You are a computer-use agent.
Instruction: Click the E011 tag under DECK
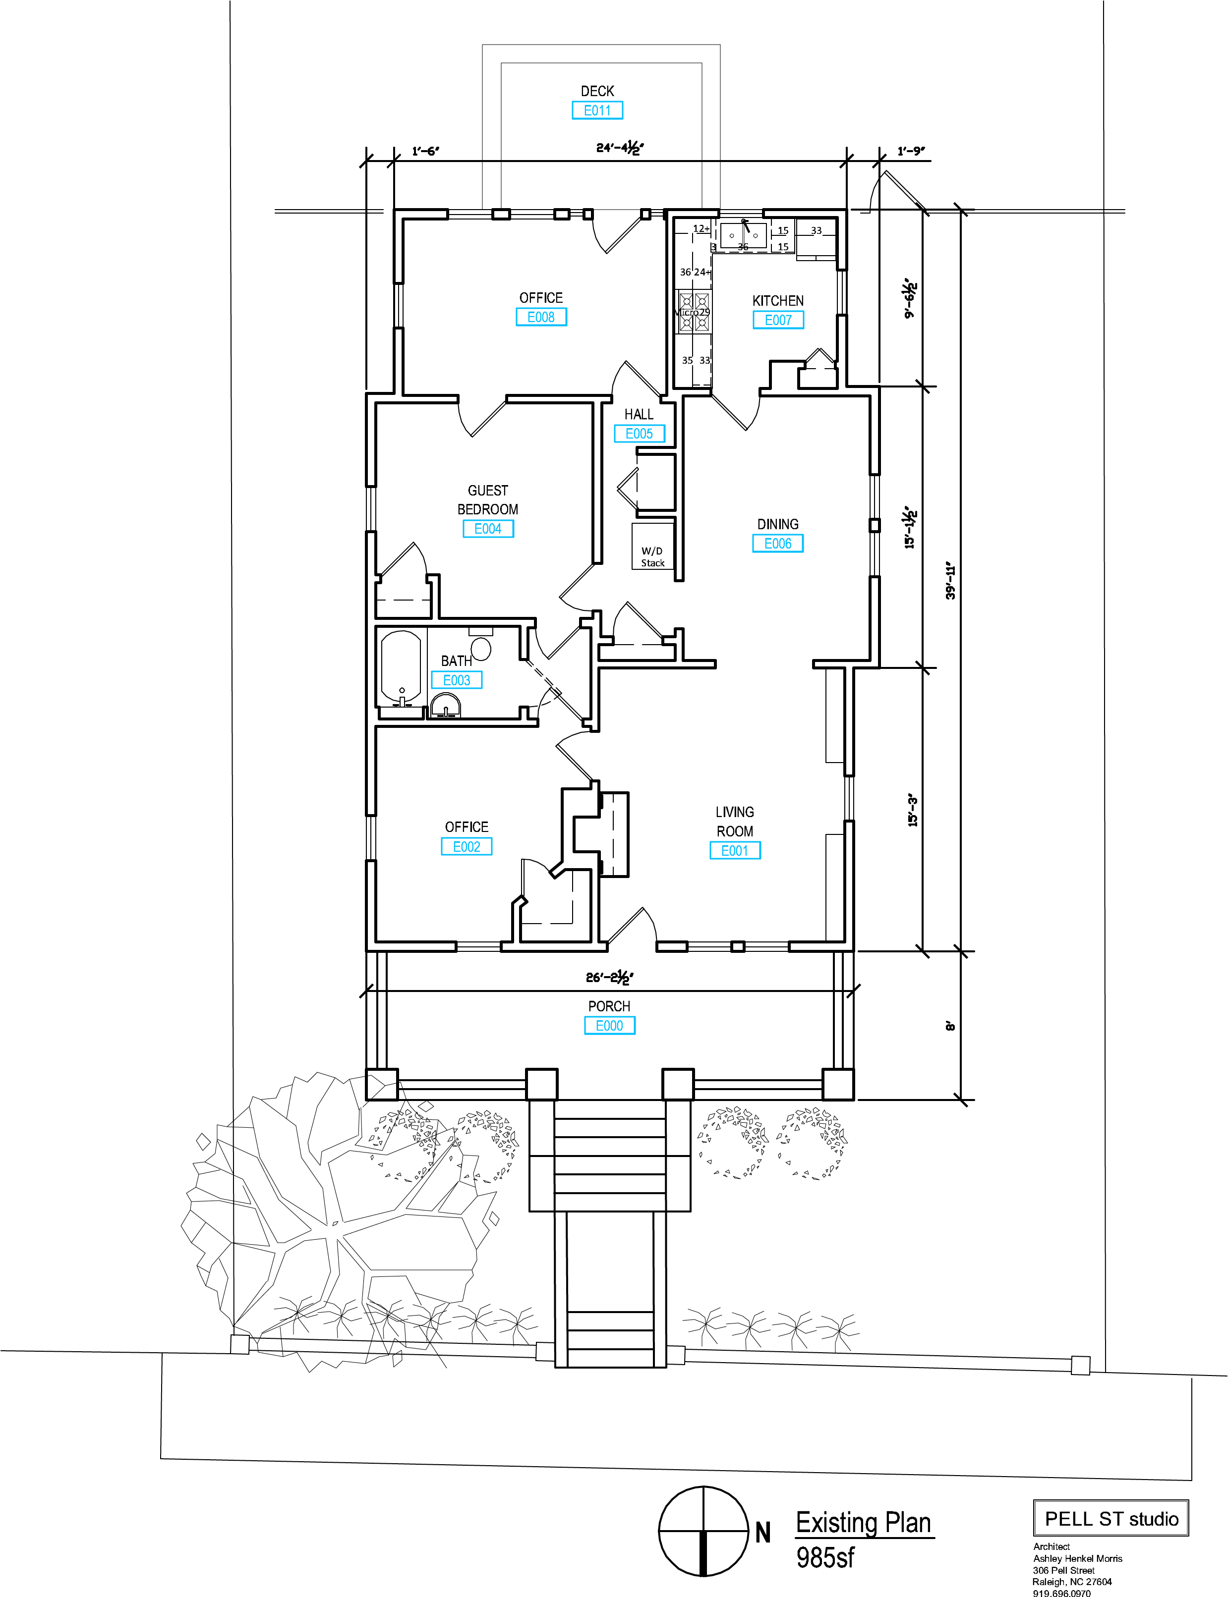pos(597,110)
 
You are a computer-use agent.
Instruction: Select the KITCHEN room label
pos(778,300)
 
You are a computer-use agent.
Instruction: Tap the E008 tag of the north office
pos(541,317)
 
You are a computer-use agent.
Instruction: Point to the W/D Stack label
pos(653,556)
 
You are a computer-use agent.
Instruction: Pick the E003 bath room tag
pos(457,680)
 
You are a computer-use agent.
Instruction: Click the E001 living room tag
pos(735,850)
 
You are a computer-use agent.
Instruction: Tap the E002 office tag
pos(467,847)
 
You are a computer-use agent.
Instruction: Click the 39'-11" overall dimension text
pos(950,581)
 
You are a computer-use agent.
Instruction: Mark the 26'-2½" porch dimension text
pos(610,977)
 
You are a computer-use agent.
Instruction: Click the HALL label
pos(639,414)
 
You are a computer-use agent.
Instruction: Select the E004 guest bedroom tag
pos(488,529)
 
